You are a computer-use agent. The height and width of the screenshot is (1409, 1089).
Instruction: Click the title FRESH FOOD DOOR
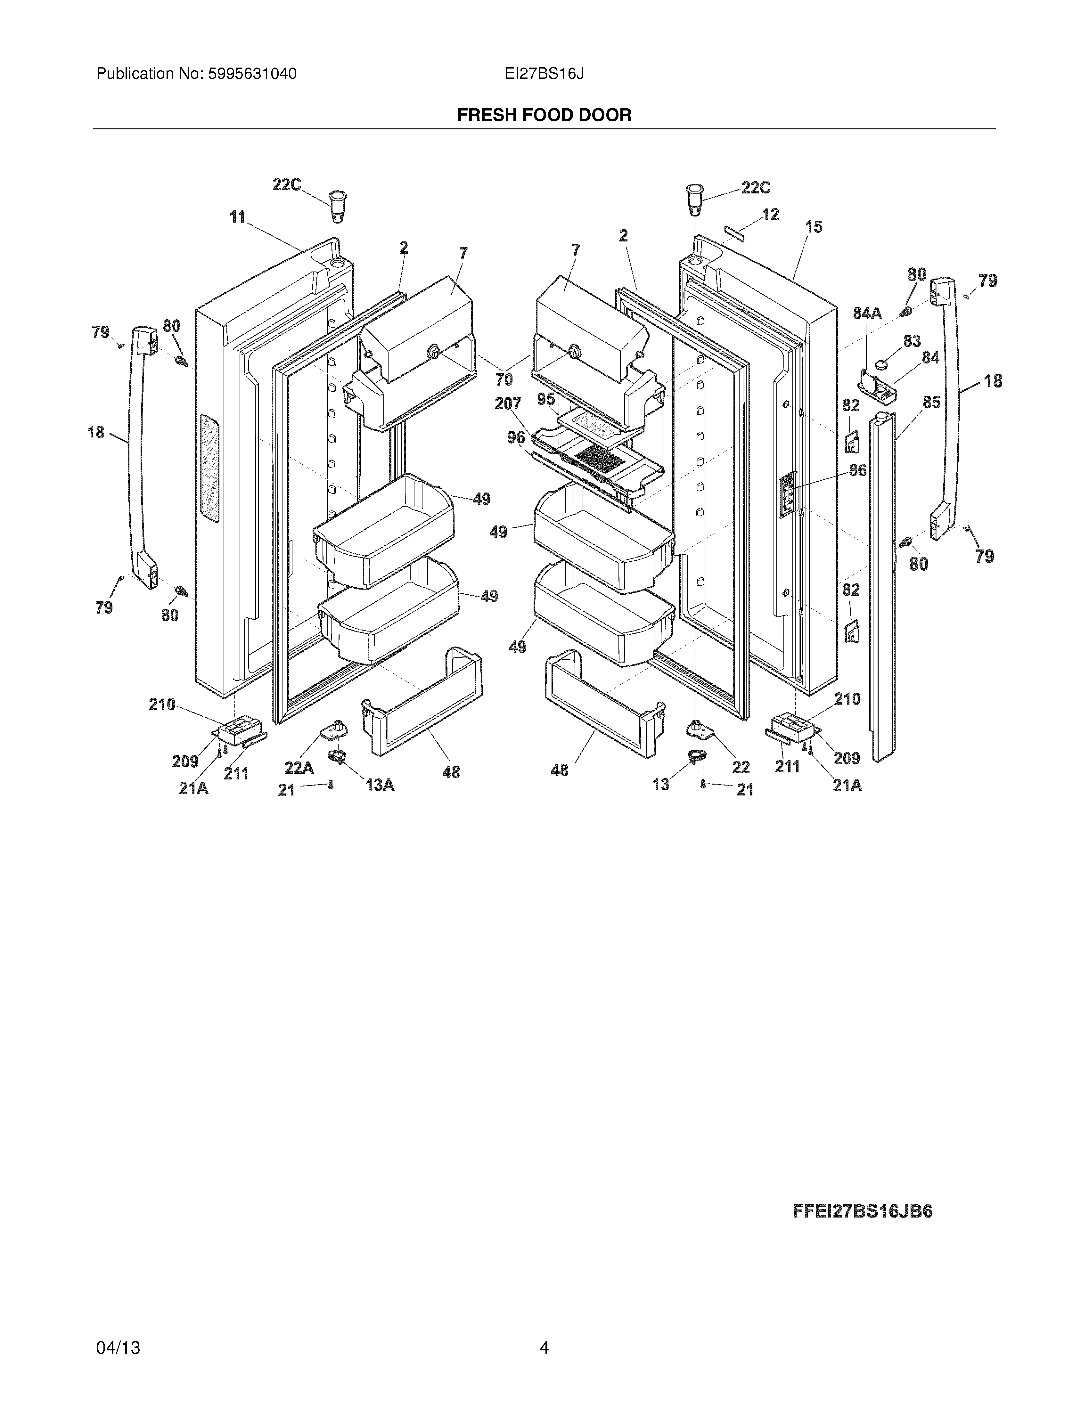coord(544,116)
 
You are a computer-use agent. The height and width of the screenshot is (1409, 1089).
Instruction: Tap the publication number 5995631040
coord(252,74)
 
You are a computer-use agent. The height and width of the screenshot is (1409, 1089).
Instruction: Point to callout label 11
coord(238,217)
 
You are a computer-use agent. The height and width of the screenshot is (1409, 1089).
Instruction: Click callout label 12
coord(770,214)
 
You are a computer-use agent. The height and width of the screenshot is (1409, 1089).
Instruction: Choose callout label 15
coord(814,227)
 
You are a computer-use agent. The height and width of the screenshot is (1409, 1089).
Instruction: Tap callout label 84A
coord(867,314)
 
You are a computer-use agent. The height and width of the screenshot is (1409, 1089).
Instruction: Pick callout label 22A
coord(299,768)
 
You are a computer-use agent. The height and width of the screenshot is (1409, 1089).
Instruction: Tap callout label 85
coord(931,403)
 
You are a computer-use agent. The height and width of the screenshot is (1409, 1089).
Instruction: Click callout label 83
coord(912,341)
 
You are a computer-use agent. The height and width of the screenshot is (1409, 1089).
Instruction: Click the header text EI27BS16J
coord(544,74)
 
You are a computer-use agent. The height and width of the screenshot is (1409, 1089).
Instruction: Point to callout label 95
coord(546,399)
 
